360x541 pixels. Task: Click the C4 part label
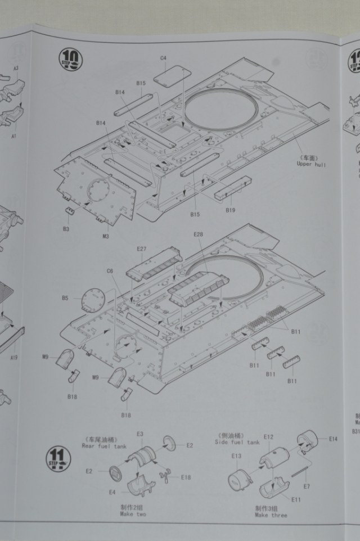click(163, 58)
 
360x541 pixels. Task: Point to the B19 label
click(229, 210)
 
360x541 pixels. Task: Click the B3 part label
click(66, 229)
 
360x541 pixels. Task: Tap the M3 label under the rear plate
click(105, 236)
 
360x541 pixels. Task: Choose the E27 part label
click(141, 249)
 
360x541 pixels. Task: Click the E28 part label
click(197, 234)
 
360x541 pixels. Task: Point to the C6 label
click(110, 271)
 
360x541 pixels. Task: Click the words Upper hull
click(310, 164)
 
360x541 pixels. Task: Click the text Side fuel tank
click(237, 442)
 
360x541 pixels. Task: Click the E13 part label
click(236, 456)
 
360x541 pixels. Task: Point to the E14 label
click(332, 439)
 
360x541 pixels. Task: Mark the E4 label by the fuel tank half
click(112, 492)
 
